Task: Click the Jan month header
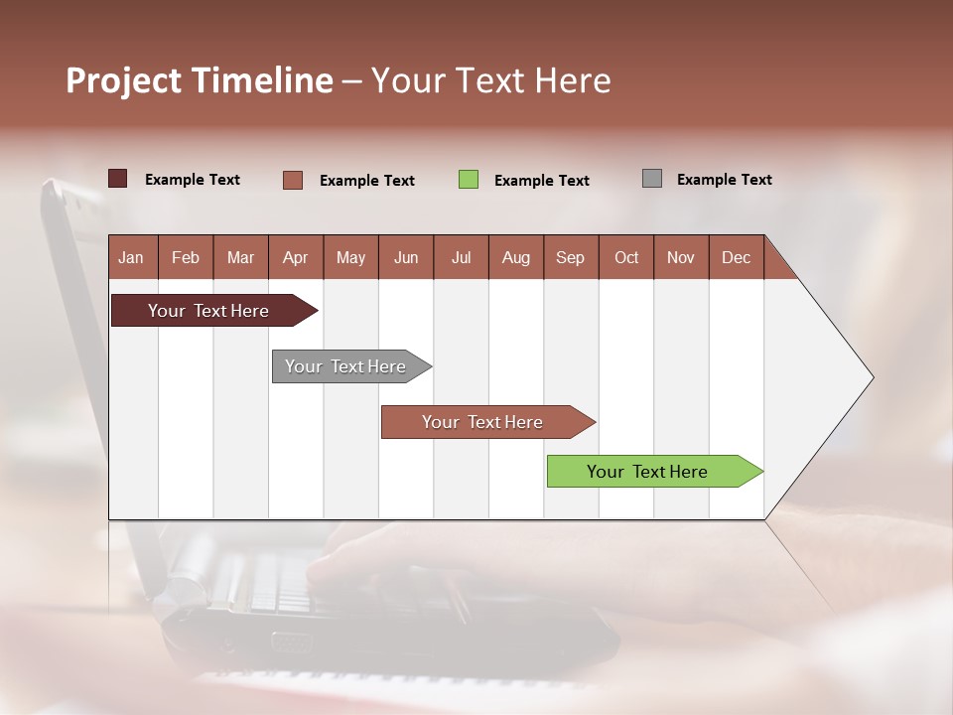(132, 257)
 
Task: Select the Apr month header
(296, 257)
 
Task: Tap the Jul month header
(462, 257)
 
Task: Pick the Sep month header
(570, 257)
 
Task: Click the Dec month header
(736, 257)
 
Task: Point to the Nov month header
(681, 257)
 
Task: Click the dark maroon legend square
(117, 179)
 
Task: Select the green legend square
(469, 180)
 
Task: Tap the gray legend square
(652, 179)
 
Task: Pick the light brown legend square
(293, 180)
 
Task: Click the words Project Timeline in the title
(200, 80)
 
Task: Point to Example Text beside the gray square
(724, 180)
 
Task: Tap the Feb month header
(186, 257)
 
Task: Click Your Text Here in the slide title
(490, 80)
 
